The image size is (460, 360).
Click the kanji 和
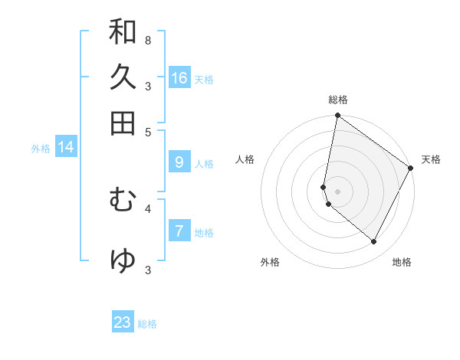tap(123, 32)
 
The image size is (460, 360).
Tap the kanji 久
tap(123, 77)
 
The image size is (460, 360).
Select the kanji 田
tap(123, 123)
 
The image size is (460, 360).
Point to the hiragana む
tap(123, 201)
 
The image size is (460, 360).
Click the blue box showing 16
tap(179, 78)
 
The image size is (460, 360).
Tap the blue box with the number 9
tap(179, 162)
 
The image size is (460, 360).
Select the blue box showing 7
tap(179, 231)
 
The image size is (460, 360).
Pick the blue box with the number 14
tap(66, 148)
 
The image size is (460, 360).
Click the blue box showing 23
tap(123, 322)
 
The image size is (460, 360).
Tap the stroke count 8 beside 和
tap(147, 40)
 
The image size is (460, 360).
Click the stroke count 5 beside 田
tap(148, 131)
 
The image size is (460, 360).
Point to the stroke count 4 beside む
tap(148, 208)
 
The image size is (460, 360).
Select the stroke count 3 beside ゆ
tap(148, 269)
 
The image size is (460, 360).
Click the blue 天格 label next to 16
tap(204, 80)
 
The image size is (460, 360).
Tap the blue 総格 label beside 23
tap(147, 324)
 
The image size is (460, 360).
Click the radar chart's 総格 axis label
tap(337, 100)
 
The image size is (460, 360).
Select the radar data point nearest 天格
tap(411, 169)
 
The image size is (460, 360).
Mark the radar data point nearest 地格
tap(374, 242)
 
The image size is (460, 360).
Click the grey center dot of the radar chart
tap(337, 191)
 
